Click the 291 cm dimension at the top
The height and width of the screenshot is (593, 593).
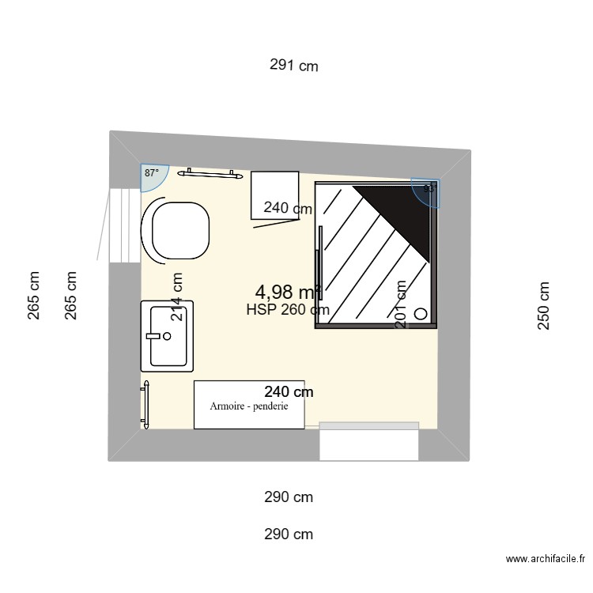[293, 66]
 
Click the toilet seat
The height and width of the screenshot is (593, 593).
[180, 230]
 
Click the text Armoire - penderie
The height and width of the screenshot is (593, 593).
[249, 406]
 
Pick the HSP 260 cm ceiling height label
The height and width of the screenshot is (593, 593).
[287, 310]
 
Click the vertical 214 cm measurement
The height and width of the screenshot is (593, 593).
[177, 296]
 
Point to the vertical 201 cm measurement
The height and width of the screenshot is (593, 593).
[401, 304]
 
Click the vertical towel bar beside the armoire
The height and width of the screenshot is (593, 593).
[145, 404]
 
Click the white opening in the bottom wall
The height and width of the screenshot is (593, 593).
[368, 443]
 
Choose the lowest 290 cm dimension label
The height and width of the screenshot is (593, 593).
[289, 534]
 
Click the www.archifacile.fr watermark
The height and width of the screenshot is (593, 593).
[546, 559]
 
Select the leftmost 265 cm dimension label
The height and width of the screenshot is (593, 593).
[33, 296]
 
